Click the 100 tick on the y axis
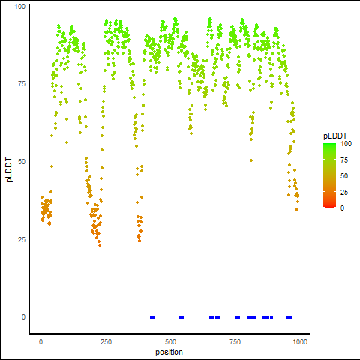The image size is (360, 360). tap(20, 6)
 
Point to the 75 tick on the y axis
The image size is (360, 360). tap(22, 84)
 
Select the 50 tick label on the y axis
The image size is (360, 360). tap(22, 162)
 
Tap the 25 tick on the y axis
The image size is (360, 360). tap(22, 239)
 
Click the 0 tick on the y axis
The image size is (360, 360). tap(23, 317)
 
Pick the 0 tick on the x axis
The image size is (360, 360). tap(40, 341)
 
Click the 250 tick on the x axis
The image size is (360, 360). tap(106, 341)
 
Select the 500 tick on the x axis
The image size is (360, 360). tap(170, 341)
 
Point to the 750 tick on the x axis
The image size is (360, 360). tap(235, 341)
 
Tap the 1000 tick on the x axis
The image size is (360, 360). tap(300, 341)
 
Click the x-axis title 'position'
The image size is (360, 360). tap(169, 352)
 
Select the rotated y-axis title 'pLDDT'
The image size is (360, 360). tap(9, 170)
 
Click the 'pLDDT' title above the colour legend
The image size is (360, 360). tap(335, 136)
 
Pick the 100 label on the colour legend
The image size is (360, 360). tap(346, 144)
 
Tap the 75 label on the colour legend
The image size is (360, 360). tap(344, 160)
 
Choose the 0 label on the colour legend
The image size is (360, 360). tap(342, 208)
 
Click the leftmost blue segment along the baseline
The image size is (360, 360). tap(152, 317)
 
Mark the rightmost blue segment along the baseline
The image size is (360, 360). tap(289, 317)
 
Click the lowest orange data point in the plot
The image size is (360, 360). tap(100, 245)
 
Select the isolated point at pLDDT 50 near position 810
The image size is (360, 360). tap(251, 160)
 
